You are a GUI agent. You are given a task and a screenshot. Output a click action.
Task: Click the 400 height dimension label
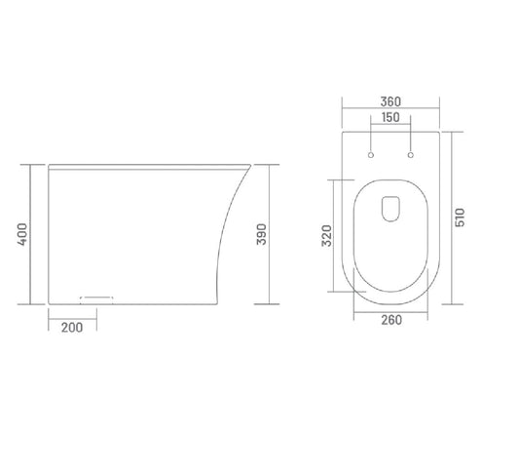22,234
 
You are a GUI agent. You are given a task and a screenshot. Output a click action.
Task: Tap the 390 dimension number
262,234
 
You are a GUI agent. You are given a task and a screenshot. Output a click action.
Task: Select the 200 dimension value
72,328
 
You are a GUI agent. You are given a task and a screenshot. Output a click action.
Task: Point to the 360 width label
390,101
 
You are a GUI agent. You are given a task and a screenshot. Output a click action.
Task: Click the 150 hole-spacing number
390,117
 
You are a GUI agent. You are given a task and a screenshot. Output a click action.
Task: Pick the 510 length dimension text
460,218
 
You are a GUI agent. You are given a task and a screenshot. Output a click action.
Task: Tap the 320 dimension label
327,236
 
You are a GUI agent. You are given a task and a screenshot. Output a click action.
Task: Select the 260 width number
391,320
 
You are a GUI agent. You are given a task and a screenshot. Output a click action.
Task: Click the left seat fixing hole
371,155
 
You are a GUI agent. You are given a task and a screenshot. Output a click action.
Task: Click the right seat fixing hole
411,155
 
